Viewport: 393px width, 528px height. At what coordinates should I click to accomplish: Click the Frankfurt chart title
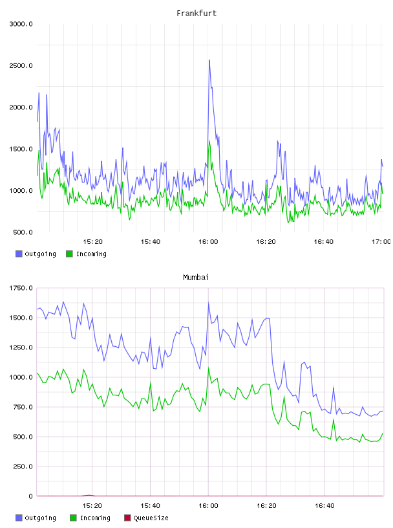[x=197, y=13]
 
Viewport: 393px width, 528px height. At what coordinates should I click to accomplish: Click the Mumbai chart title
[x=196, y=277]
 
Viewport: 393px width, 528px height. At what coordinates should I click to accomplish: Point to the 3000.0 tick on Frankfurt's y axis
[x=21, y=24]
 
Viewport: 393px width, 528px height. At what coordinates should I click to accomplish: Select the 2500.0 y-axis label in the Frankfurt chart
[x=21, y=65]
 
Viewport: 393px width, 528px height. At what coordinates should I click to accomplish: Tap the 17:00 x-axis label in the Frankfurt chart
[x=381, y=241]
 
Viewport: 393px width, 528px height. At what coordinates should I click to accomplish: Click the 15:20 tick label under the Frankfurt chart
[x=92, y=241]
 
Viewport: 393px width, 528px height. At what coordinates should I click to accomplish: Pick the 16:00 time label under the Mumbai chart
[x=208, y=505]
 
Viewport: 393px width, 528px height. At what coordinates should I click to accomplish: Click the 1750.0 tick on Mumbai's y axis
[x=21, y=288]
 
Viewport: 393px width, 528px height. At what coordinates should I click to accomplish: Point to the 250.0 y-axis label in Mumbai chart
[x=23, y=467]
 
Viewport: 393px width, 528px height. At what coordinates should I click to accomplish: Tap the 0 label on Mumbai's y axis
[x=30, y=496]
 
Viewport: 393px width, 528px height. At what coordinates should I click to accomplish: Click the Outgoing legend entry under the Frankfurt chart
[x=36, y=254]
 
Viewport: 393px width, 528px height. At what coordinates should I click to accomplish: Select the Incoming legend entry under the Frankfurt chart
[x=87, y=254]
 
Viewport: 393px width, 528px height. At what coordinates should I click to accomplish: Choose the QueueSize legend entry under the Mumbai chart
[x=146, y=518]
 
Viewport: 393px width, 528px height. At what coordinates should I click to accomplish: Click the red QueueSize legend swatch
[x=127, y=518]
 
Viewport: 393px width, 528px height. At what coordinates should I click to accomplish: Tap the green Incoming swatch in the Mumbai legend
[x=73, y=518]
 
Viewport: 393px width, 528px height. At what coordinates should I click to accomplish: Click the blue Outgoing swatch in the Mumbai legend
[x=19, y=518]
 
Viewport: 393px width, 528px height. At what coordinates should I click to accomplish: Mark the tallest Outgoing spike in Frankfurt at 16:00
[x=209, y=60]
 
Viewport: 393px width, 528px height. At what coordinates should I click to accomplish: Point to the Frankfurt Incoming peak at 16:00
[x=209, y=141]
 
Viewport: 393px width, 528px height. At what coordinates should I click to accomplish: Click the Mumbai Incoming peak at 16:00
[x=209, y=368]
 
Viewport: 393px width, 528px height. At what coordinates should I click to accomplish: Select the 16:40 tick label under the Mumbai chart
[x=324, y=505]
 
